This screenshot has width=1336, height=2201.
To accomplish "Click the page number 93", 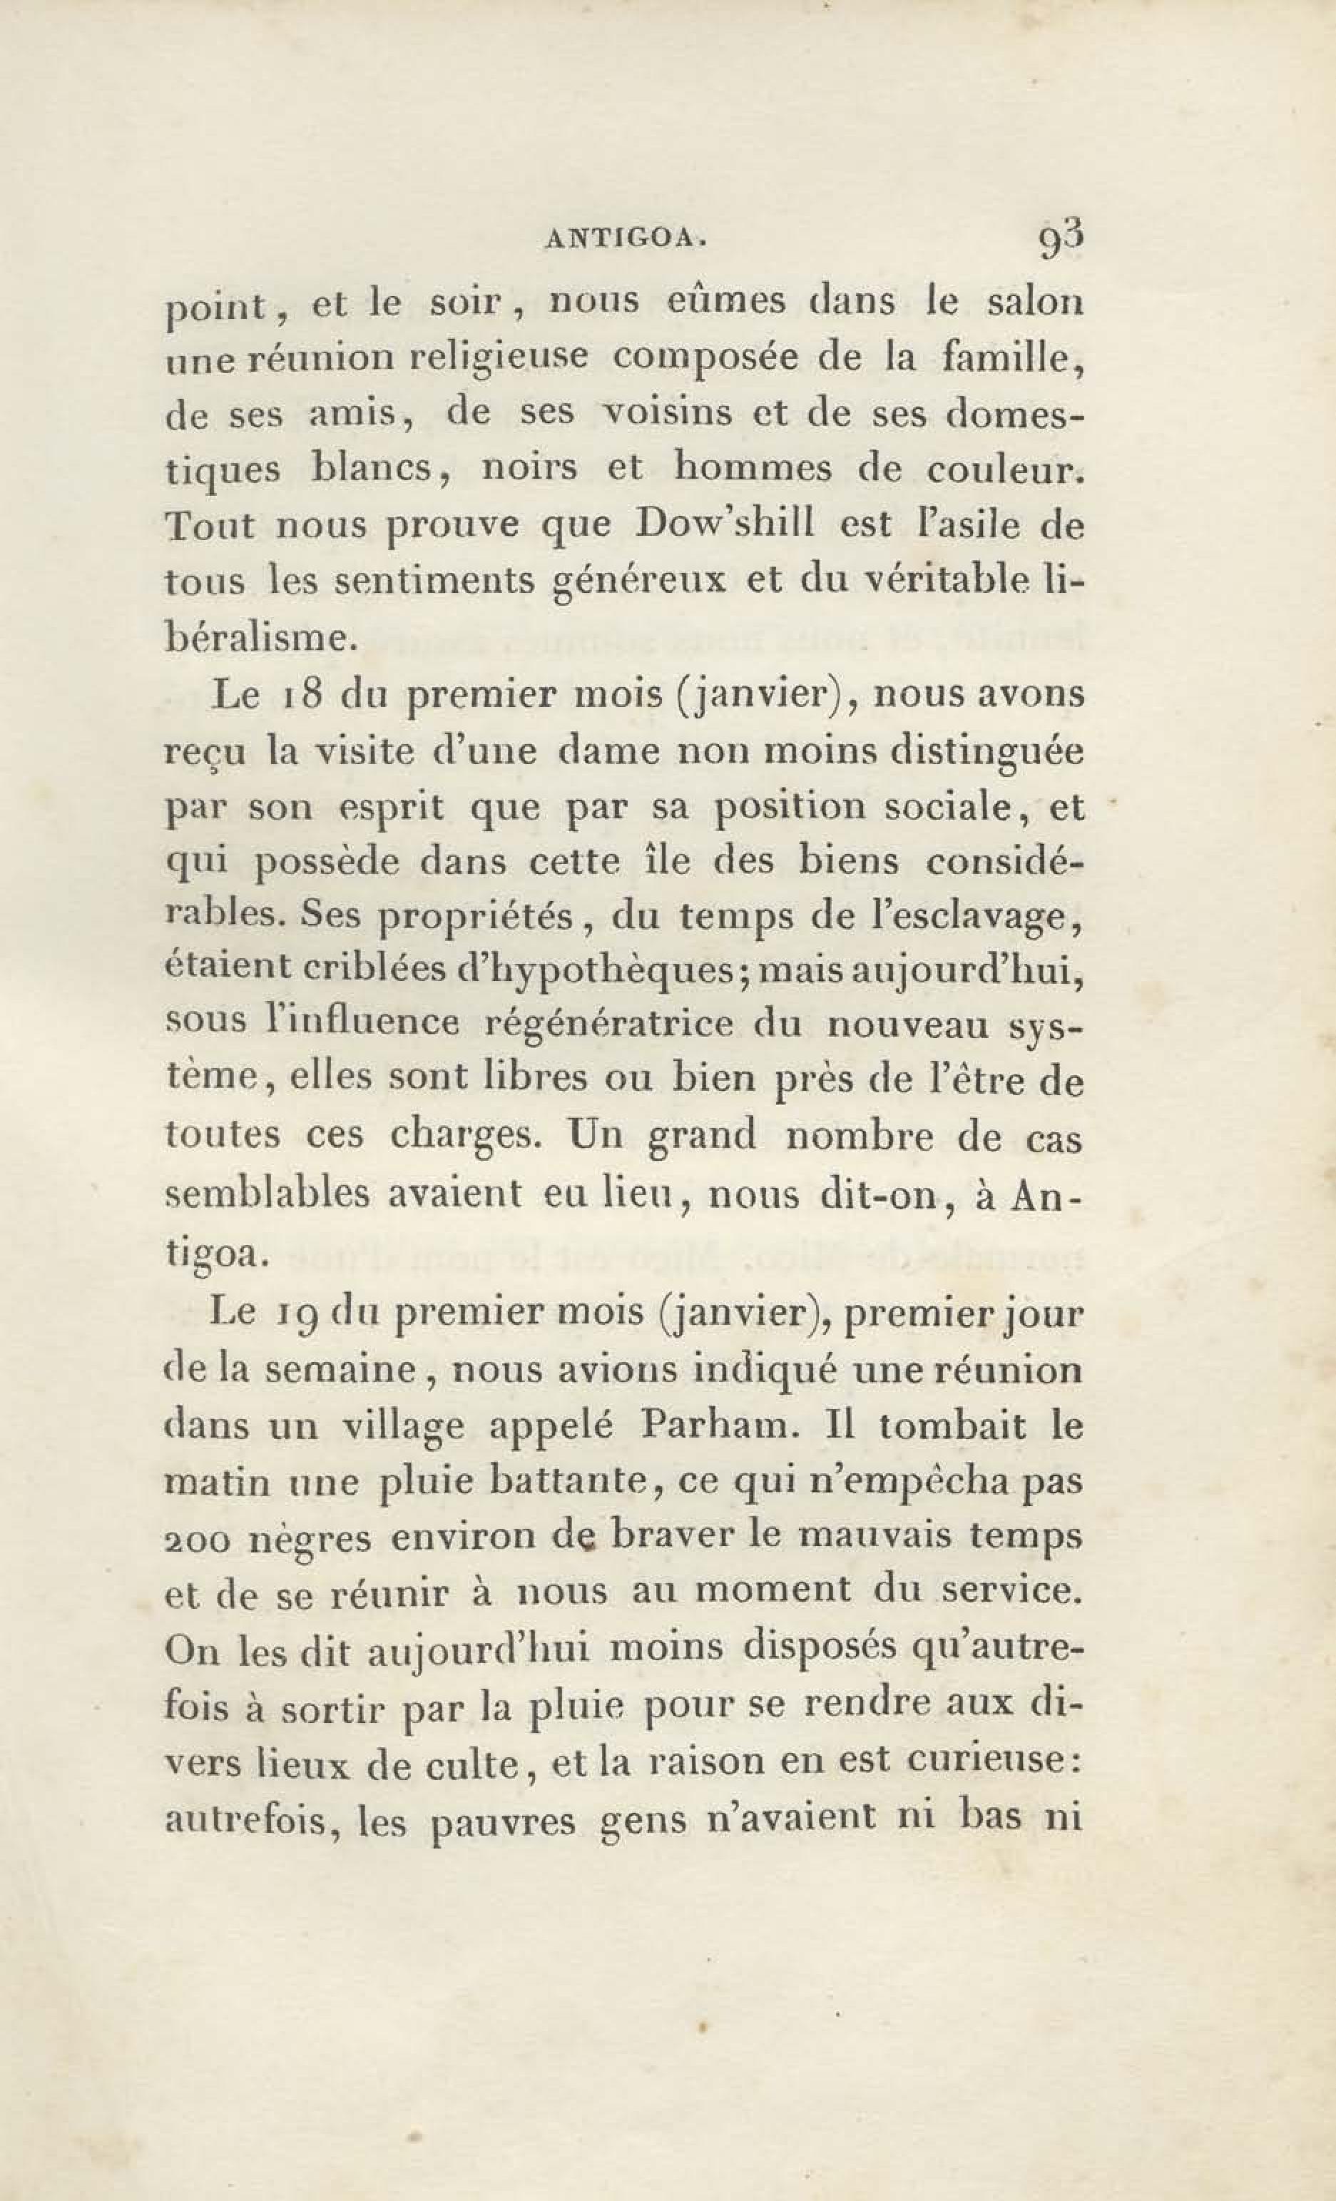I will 1060,240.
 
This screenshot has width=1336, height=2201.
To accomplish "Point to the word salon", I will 1034,302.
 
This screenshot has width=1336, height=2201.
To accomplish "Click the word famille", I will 1012,358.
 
